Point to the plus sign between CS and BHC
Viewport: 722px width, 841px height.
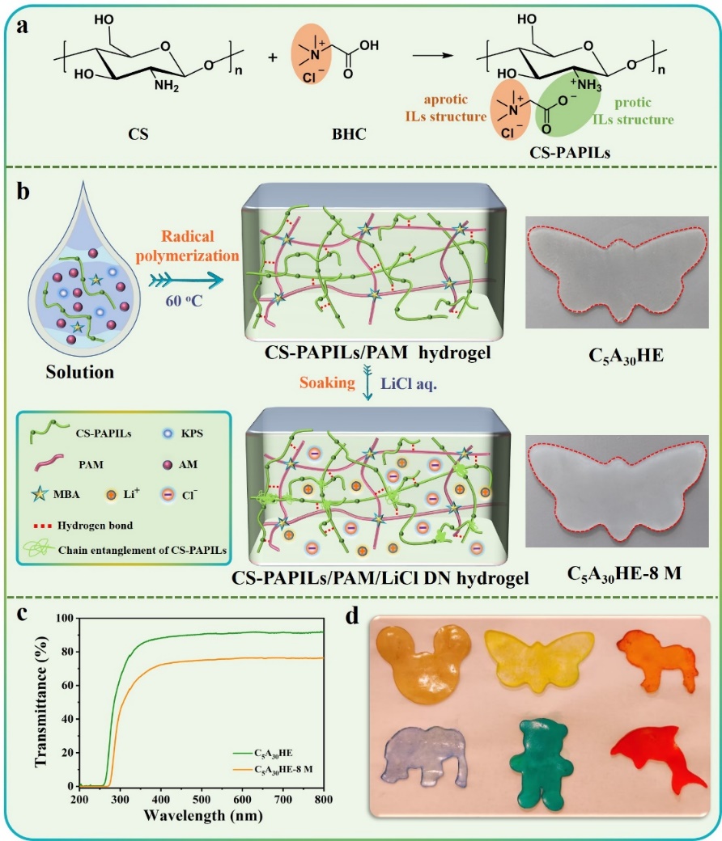pos(272,57)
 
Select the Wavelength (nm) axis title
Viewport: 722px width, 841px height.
pos(201,814)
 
